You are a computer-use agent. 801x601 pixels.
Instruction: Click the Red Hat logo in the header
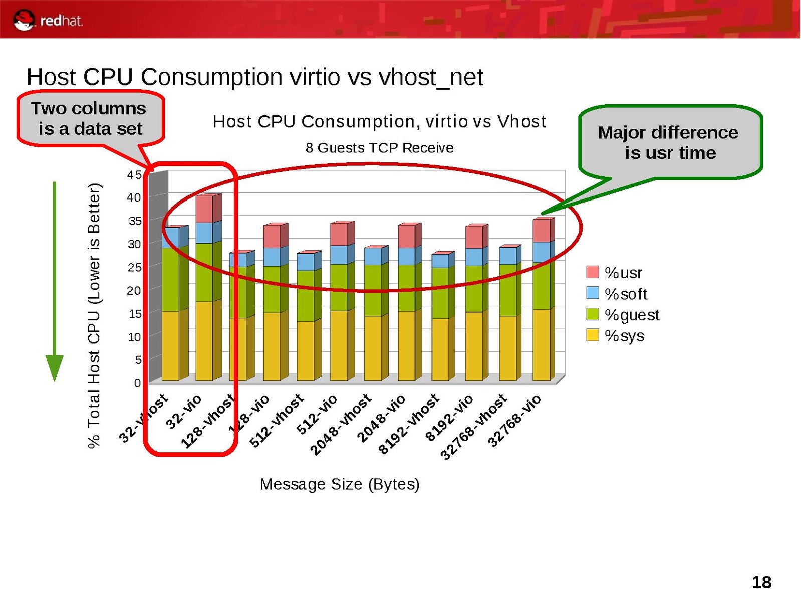48,20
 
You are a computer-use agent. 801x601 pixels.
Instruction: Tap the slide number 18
761,582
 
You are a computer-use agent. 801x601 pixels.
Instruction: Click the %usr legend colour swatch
593,272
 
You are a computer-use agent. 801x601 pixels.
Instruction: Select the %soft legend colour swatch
593,293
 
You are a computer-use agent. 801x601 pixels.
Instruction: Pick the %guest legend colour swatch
593,314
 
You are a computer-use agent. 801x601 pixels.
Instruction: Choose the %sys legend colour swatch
593,335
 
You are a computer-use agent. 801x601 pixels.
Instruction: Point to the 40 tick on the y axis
134,197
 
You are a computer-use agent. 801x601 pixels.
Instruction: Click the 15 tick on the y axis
135,314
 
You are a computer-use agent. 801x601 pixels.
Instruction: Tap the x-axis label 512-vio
317,415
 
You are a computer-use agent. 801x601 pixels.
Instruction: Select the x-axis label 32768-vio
514,421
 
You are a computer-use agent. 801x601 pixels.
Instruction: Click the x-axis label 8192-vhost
409,424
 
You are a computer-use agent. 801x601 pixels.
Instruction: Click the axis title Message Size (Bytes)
340,484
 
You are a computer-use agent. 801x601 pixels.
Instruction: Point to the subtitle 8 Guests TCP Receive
379,148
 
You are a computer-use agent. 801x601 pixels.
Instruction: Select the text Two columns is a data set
89,118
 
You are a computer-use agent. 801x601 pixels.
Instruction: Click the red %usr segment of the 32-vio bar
204,209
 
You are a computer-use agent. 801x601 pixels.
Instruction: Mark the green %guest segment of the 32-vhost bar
170,279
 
